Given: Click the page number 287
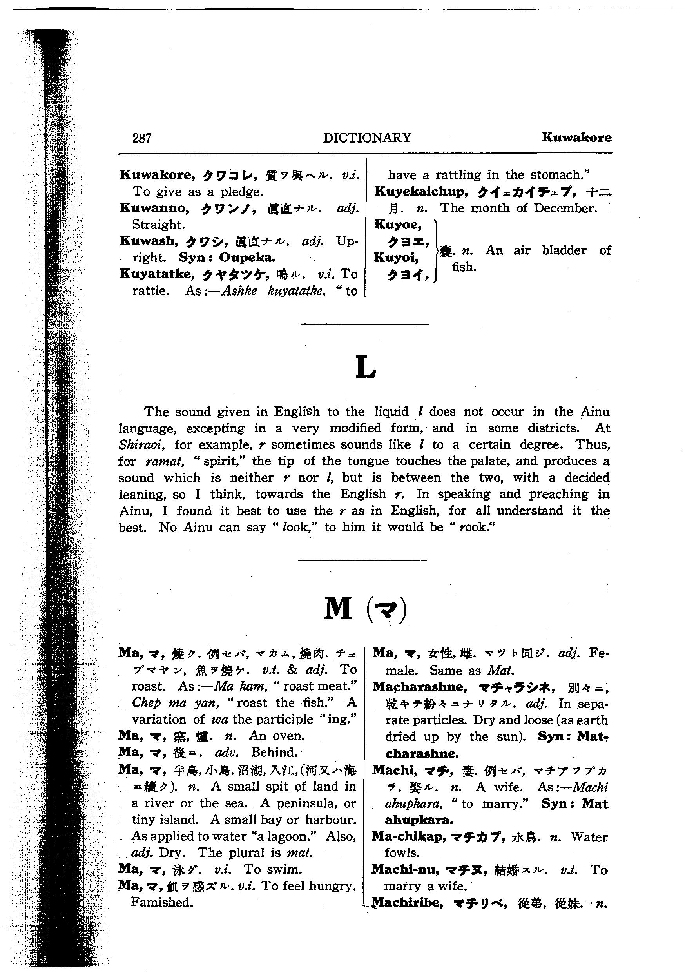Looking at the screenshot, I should pyautogui.click(x=142, y=138).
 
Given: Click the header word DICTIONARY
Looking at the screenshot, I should pyautogui.click(x=367, y=138).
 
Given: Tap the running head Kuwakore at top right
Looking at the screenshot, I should pyautogui.click(x=576, y=137).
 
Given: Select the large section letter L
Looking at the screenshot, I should pyautogui.click(x=365, y=367).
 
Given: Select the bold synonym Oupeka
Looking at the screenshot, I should pyautogui.click(x=247, y=258).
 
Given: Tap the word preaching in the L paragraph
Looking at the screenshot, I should pyautogui.click(x=558, y=494).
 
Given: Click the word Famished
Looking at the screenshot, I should pyautogui.click(x=162, y=902).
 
